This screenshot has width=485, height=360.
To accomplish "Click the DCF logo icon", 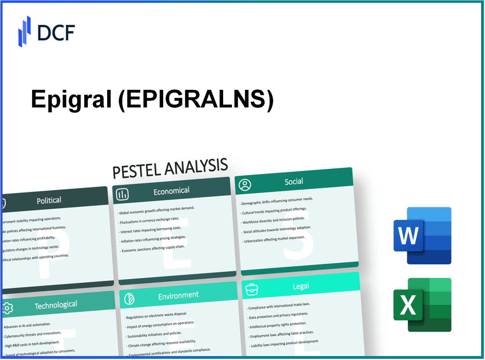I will (x=24, y=31).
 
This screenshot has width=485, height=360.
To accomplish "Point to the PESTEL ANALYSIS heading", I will (x=170, y=168).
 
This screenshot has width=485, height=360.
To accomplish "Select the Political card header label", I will (x=49, y=200).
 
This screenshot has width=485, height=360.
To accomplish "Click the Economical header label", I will (x=171, y=191).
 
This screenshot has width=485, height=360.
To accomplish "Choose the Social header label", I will (x=294, y=182).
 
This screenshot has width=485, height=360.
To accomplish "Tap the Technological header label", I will (x=56, y=305).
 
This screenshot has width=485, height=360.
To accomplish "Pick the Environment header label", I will (x=178, y=295).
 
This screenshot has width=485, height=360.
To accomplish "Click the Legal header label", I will (x=301, y=286).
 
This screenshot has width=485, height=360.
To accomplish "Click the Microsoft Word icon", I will (x=422, y=236).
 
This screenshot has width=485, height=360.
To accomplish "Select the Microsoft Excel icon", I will (x=422, y=305).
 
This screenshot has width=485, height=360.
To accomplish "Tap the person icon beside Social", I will (x=245, y=185).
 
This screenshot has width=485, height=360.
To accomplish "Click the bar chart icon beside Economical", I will (x=123, y=194).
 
